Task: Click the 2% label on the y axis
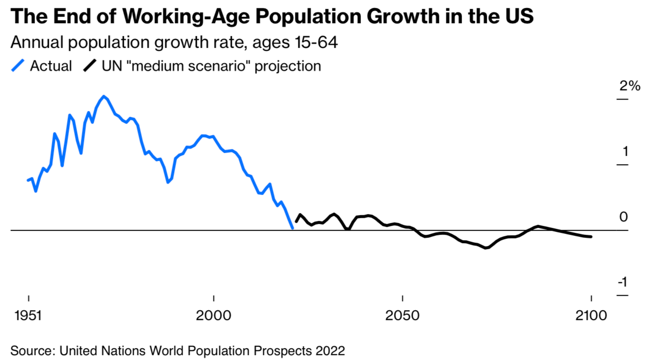[630, 86]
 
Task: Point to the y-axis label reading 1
[625, 151]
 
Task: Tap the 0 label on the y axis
[624, 217]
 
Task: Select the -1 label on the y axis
[623, 282]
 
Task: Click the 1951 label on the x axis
[28, 316]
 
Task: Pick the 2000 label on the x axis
[214, 316]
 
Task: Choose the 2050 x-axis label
[402, 316]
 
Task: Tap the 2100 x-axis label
[591, 316]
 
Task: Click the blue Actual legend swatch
[18, 66]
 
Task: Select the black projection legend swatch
[90, 66]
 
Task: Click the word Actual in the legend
[51, 66]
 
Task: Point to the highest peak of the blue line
[104, 96]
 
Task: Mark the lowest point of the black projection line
[486, 248]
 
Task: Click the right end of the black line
[591, 237]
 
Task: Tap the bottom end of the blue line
[292, 228]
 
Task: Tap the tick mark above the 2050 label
[402, 298]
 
